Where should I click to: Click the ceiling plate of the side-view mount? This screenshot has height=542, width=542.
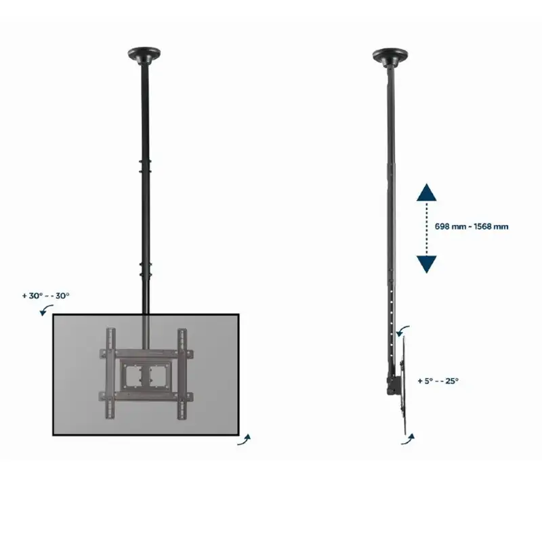[390, 56]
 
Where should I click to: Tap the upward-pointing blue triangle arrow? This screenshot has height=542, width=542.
[427, 192]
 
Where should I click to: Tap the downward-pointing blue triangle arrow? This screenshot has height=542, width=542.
[427, 264]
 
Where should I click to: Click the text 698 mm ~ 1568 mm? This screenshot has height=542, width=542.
[472, 227]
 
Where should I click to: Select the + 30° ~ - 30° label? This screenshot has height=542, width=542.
[46, 296]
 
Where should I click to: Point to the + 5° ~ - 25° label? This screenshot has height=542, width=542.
[438, 381]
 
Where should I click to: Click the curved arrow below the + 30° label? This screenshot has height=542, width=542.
[46, 309]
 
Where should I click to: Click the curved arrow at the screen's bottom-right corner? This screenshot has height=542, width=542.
[245, 440]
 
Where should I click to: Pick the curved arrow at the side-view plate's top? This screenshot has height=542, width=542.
[402, 330]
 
